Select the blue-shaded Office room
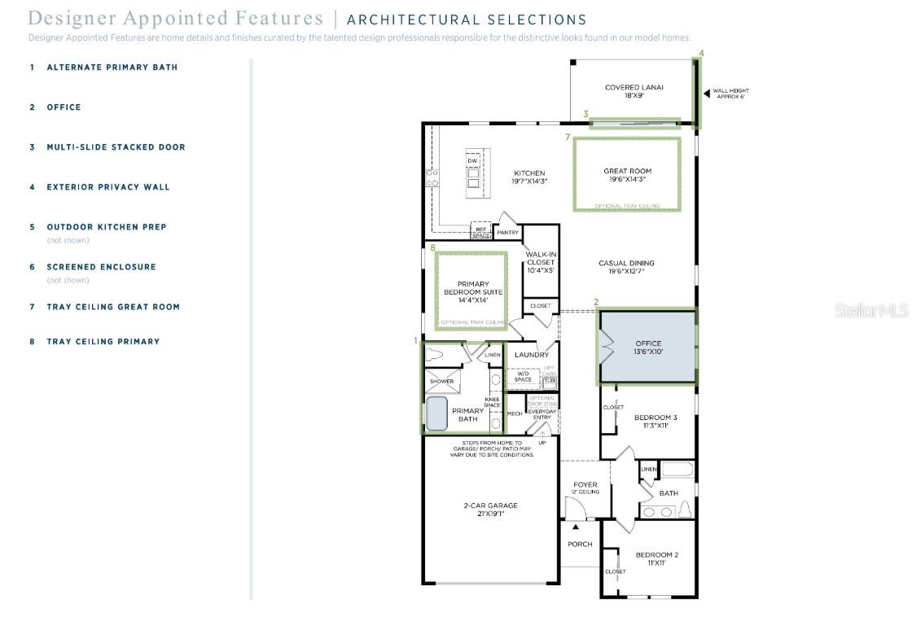648,348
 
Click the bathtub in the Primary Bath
437,413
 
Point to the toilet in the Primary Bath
436,355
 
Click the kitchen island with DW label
473,173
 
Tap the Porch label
580,544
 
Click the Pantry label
507,233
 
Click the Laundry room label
532,355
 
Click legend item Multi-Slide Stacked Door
116,147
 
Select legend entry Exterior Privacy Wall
108,187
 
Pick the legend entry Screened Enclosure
101,267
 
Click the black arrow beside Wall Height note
707,94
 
